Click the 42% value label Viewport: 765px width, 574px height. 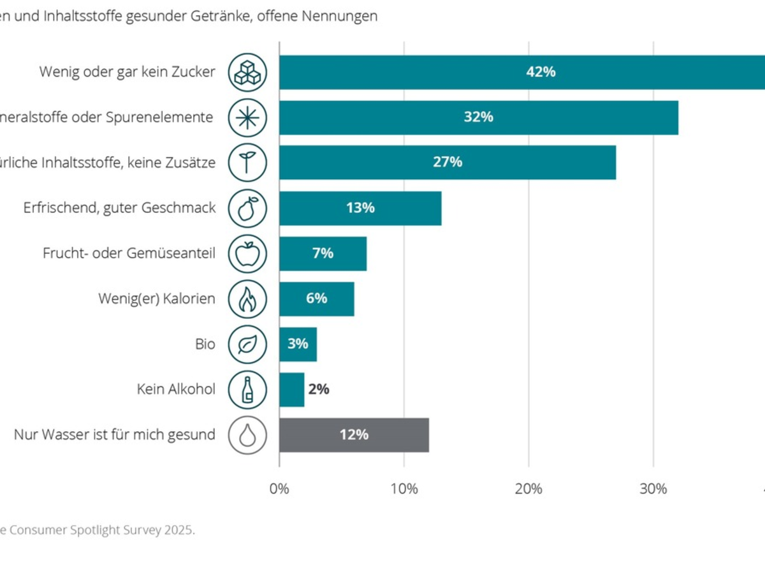541,72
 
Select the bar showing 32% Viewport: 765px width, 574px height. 478,117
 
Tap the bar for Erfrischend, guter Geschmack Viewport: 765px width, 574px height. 360,208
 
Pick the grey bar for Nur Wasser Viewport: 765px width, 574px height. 354,435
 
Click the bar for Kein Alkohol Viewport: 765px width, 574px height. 291,390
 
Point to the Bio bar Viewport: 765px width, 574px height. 298,344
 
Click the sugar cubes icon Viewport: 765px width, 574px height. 247,72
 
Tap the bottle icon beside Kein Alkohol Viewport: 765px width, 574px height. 247,390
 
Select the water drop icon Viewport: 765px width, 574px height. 247,435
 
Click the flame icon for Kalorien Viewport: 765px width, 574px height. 247,299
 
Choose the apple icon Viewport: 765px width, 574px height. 247,254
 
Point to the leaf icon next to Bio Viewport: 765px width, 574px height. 247,344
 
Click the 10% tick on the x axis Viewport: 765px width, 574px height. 404,489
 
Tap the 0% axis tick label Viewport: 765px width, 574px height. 279,489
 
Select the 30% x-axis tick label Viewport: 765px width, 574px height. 653,489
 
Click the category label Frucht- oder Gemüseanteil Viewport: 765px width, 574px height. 129,254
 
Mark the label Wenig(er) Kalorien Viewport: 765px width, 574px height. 156,299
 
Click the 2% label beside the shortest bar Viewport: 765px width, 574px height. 319,390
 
